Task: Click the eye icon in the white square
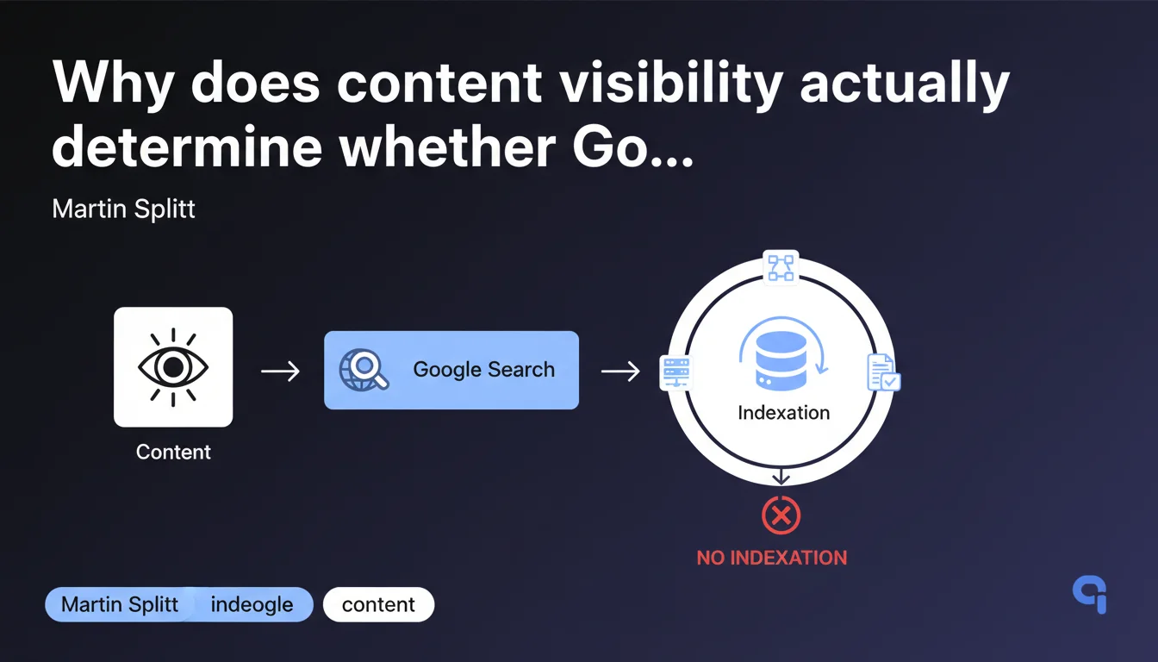[x=173, y=367]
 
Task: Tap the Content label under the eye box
[x=173, y=452]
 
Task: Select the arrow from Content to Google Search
[x=280, y=371]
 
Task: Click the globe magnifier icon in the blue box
[x=364, y=369]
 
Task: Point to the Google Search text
[x=484, y=369]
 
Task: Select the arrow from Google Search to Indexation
[x=620, y=371]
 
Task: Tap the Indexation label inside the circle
[x=784, y=413]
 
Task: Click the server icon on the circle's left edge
[x=675, y=372]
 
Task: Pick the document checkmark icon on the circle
[x=884, y=372]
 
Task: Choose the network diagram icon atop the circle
[x=781, y=267]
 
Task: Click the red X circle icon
[x=781, y=515]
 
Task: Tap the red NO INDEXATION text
[x=772, y=558]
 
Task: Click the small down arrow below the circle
[x=781, y=477]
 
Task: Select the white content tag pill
[x=378, y=604]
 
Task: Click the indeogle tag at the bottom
[x=252, y=604]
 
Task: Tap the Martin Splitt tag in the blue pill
[x=120, y=604]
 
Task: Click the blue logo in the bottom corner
[x=1091, y=594]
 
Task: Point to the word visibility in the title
[x=671, y=84]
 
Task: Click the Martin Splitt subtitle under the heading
[x=123, y=209]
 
